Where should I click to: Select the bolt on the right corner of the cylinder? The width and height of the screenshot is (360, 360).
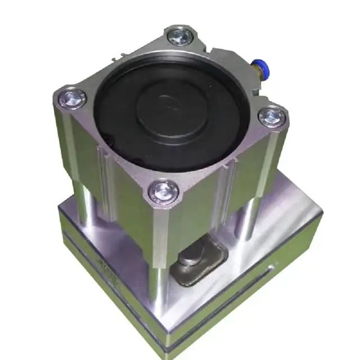(x=271, y=116)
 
